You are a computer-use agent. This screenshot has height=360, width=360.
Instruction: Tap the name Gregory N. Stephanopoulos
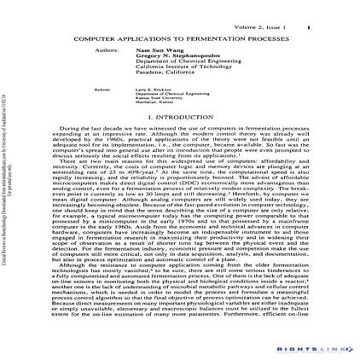click(x=189, y=57)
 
